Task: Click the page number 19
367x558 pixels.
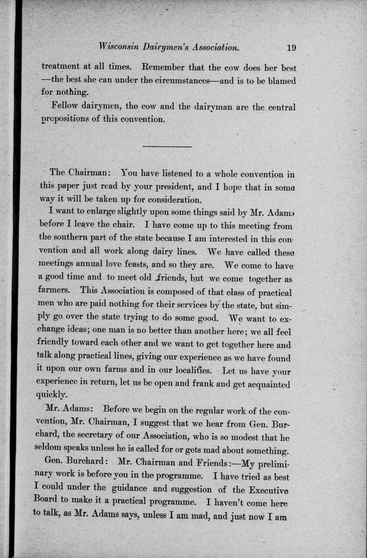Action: tap(291, 48)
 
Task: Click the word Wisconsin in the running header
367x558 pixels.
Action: tap(119, 47)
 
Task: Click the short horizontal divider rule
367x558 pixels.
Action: tap(167, 146)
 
